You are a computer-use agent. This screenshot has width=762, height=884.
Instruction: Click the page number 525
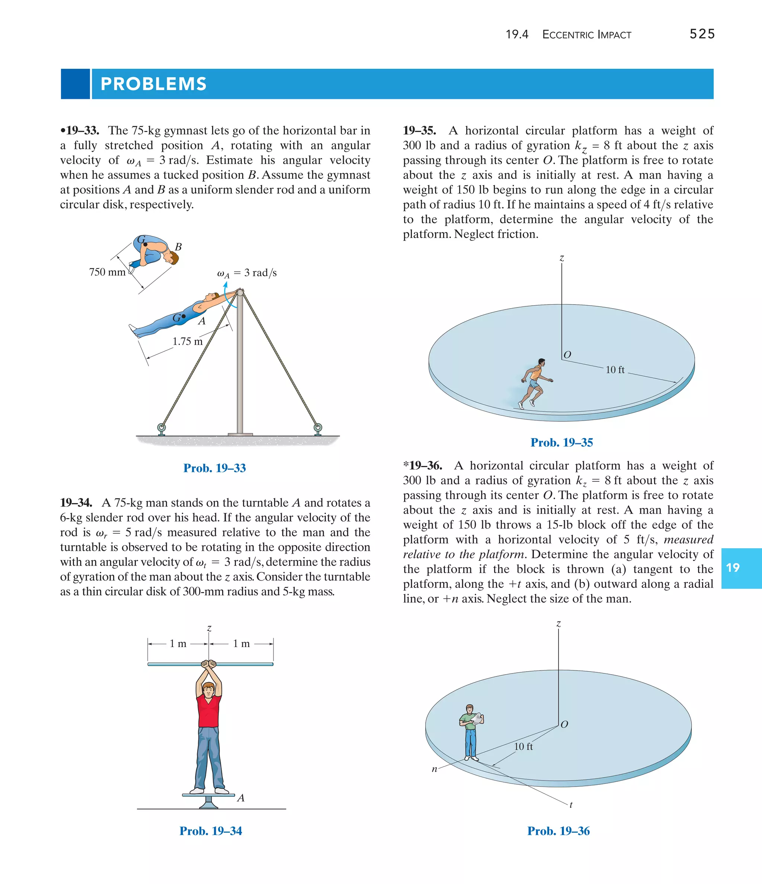click(702, 34)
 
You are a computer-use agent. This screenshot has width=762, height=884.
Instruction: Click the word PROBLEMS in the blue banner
click(154, 84)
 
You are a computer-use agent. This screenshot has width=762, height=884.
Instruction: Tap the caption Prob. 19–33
click(214, 468)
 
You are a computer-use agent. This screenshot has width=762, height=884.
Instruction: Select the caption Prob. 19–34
click(211, 831)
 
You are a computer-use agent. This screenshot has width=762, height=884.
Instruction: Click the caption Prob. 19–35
click(561, 443)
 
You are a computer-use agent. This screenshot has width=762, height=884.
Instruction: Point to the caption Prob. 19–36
click(558, 831)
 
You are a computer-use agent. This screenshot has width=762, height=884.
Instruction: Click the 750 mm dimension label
click(107, 272)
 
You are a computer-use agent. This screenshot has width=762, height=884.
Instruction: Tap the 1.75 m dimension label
click(188, 341)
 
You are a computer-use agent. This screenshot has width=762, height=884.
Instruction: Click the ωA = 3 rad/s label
click(247, 273)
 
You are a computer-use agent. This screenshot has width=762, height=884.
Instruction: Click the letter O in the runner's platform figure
click(567, 355)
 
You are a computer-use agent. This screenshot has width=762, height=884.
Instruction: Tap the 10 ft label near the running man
click(615, 370)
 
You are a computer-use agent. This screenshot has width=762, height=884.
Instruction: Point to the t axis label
click(571, 805)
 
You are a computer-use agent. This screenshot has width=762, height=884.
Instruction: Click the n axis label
click(434, 769)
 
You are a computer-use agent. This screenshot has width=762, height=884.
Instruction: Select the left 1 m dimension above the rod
click(178, 644)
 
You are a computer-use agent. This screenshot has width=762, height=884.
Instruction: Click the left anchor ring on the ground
click(161, 427)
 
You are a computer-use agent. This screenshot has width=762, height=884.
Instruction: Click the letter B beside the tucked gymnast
click(179, 247)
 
